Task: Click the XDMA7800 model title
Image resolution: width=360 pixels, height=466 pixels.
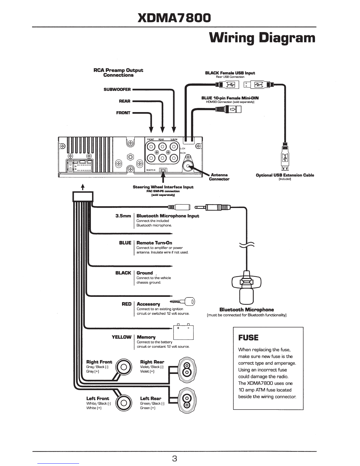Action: [x=174, y=18]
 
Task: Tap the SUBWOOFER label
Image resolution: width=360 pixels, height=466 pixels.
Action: [x=117, y=89]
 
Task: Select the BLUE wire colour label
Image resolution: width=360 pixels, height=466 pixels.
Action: [x=125, y=243]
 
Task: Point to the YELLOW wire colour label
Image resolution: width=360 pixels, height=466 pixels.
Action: [x=121, y=337]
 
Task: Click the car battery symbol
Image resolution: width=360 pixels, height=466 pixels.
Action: [x=183, y=332]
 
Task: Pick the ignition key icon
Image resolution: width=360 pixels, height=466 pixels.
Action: [x=182, y=302]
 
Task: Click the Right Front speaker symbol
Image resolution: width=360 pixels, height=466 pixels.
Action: [x=124, y=367]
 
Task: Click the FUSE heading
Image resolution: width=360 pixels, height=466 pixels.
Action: [x=248, y=337]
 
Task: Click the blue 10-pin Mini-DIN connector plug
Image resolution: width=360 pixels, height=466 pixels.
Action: [x=228, y=109]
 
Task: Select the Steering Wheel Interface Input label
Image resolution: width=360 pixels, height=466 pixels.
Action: [x=163, y=187]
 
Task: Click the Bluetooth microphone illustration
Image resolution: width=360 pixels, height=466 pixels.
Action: [x=246, y=287]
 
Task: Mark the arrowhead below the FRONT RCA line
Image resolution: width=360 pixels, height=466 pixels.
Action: [x=151, y=129]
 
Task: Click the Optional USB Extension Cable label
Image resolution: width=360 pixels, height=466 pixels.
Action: [x=285, y=175]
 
